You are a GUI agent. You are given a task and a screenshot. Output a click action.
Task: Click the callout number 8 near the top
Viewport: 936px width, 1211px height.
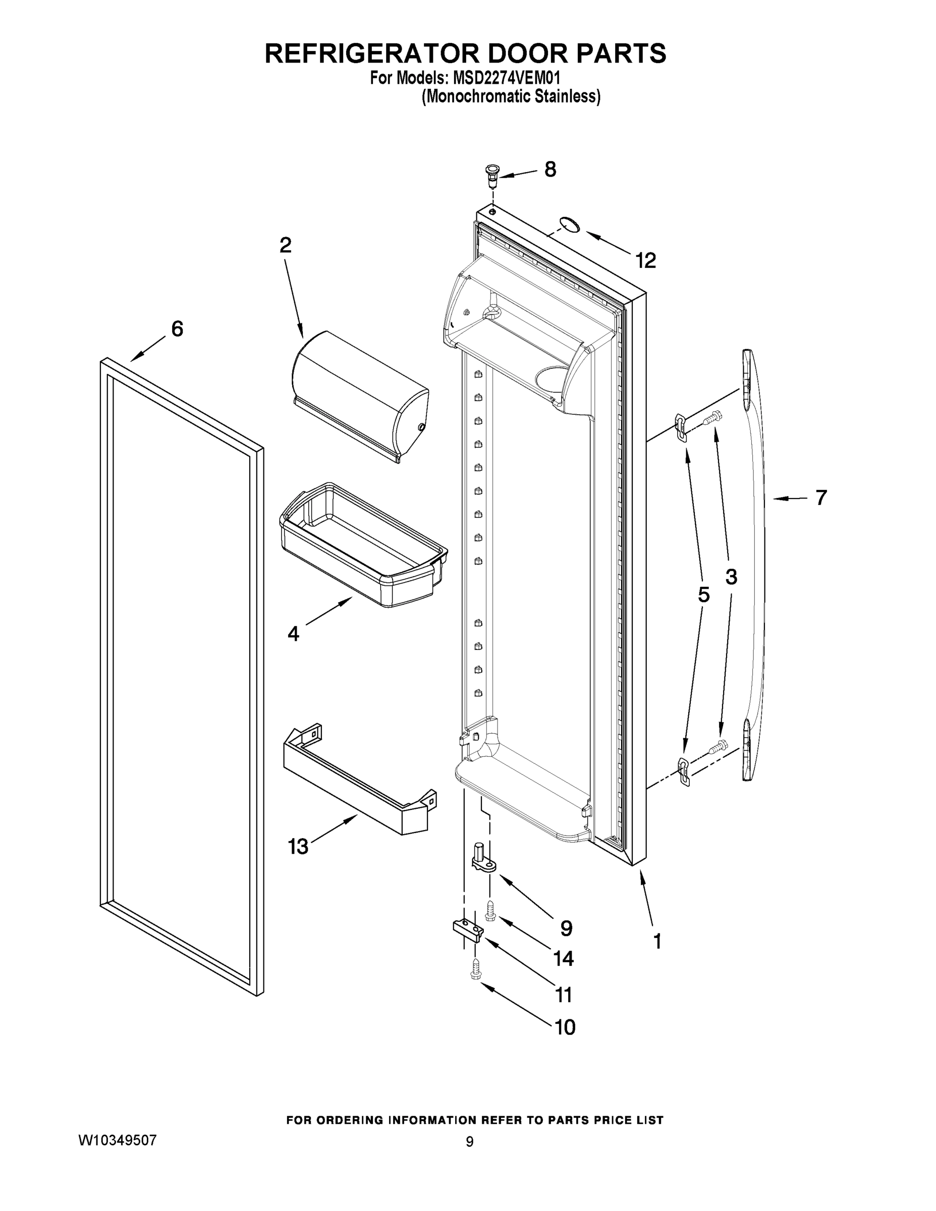click(x=549, y=169)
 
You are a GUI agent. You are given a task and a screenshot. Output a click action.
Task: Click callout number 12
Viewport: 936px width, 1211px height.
click(x=645, y=260)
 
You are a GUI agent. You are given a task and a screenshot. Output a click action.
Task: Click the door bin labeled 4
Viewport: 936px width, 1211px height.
click(x=363, y=544)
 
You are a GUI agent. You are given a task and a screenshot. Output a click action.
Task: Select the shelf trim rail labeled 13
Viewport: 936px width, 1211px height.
click(x=358, y=781)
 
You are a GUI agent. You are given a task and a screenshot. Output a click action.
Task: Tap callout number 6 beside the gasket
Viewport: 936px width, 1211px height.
click(x=177, y=329)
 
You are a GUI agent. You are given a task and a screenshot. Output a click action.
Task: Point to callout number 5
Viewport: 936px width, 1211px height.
click(x=703, y=595)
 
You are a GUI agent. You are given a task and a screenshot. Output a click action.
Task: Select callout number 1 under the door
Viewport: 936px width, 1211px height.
click(x=657, y=941)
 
